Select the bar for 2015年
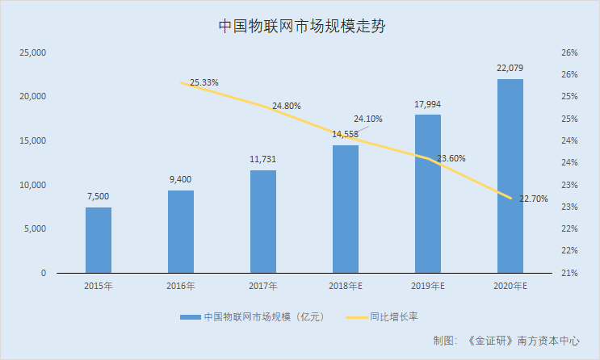99,241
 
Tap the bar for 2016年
181,232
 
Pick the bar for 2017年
263,222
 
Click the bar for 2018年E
346,210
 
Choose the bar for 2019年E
428,195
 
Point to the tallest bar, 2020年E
510,176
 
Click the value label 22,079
510,68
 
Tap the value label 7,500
99,196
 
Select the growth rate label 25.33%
204,82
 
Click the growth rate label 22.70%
533,199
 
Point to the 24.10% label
368,119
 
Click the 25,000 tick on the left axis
33,52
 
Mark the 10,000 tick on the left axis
33,185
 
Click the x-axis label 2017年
263,287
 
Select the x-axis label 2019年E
428,287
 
